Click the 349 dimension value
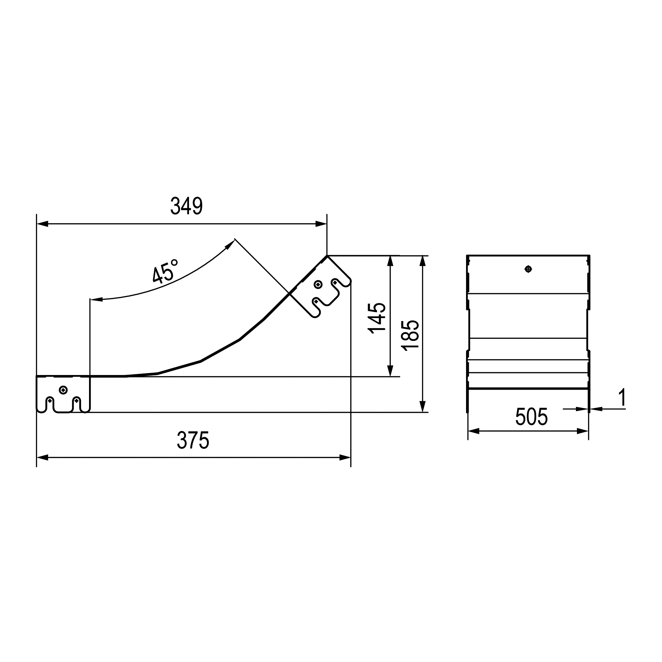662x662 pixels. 186,206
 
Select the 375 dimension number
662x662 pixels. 193,440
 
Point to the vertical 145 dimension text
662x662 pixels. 377,318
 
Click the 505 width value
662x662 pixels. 532,417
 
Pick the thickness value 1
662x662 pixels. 622,398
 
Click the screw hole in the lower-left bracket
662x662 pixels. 64,390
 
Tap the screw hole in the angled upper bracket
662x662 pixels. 318,284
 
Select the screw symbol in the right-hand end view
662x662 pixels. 528,269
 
